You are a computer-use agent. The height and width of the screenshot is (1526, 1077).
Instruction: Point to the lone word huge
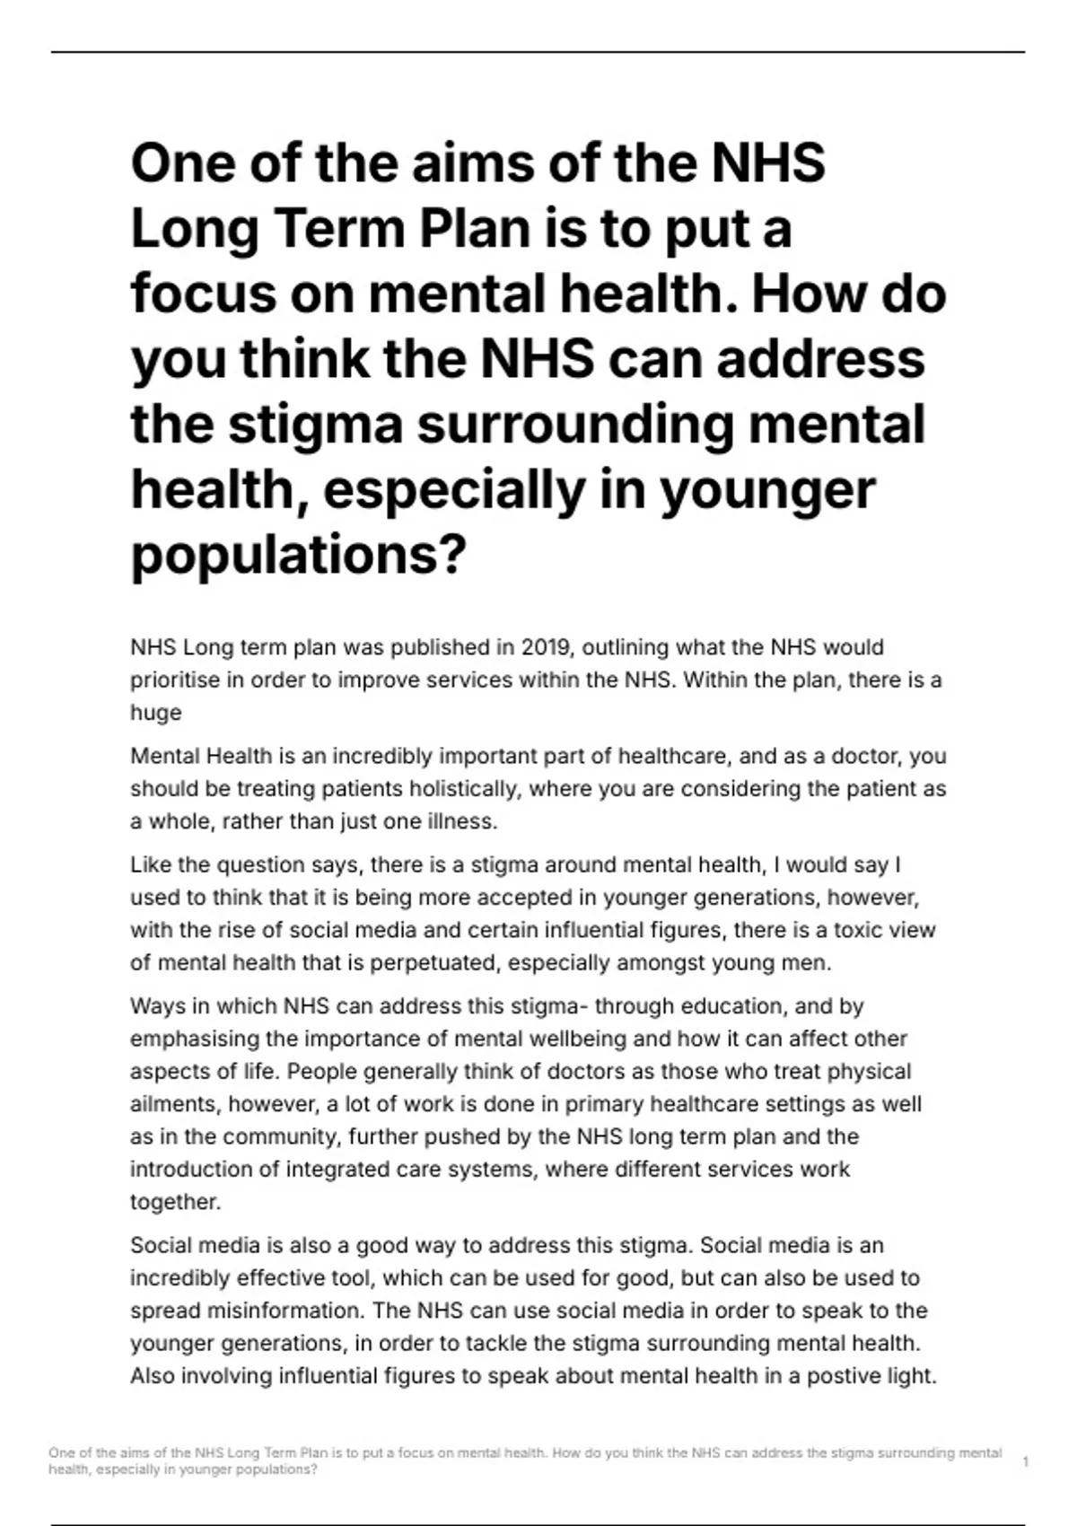[x=155, y=713]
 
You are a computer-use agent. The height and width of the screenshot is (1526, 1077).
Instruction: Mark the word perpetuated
[x=434, y=963]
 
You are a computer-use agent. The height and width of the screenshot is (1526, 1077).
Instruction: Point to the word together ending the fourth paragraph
[x=175, y=1202]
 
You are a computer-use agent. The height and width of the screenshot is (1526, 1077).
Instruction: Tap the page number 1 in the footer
[x=1025, y=1462]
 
